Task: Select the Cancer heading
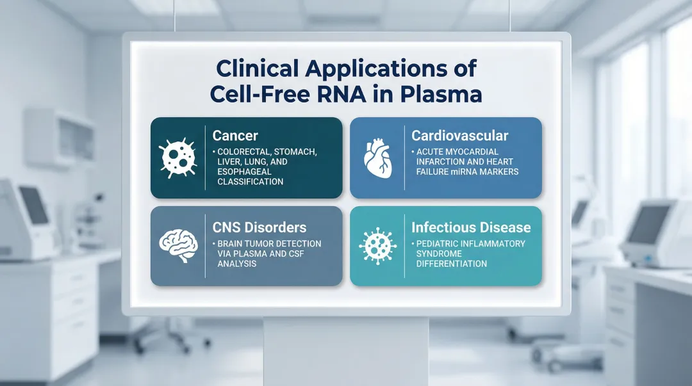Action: (x=235, y=136)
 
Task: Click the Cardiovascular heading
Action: (x=459, y=136)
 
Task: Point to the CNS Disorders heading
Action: (x=259, y=227)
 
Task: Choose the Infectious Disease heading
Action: (x=471, y=227)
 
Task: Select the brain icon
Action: (x=177, y=246)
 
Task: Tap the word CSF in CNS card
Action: (x=297, y=253)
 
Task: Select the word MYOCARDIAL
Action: (x=477, y=152)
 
